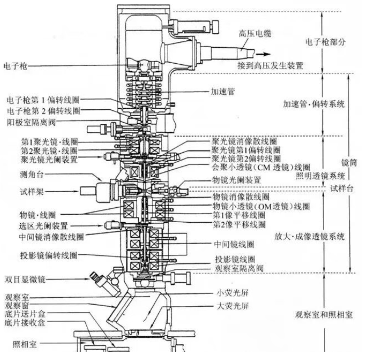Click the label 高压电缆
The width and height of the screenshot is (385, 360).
click(255, 34)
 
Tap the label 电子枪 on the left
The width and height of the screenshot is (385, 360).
click(15, 66)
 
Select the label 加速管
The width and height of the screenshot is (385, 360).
click(223, 91)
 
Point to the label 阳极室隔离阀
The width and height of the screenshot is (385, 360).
click(32, 122)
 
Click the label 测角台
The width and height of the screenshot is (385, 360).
click(32, 175)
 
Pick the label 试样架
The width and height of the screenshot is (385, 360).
click(32, 192)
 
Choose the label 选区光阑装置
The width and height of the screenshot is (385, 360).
click(43, 226)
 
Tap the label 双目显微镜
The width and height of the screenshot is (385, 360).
click(25, 279)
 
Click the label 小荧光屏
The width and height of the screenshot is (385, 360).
click(232, 293)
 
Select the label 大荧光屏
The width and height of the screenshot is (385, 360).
click(232, 306)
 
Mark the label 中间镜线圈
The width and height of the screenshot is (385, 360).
click(234, 244)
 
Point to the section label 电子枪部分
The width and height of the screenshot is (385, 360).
click(325, 42)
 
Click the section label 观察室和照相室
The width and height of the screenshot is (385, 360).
click(323, 314)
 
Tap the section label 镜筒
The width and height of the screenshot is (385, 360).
click(349, 163)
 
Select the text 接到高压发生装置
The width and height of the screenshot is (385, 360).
click(270, 66)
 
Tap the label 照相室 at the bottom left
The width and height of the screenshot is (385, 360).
click(25, 344)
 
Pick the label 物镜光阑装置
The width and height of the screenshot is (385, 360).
click(236, 180)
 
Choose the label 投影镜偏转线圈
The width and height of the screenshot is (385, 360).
click(49, 255)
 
